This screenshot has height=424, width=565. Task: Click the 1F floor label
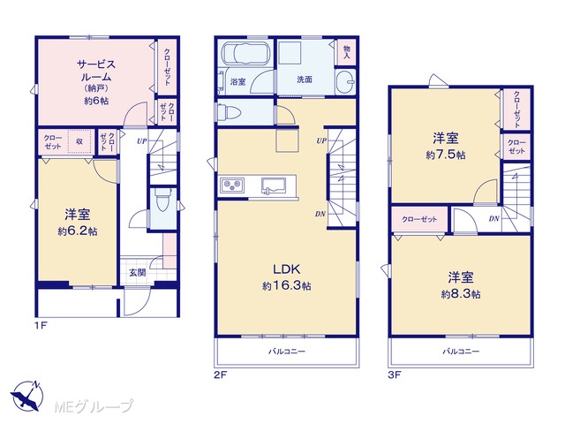[x=41, y=326]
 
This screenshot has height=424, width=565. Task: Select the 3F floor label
[x=395, y=375]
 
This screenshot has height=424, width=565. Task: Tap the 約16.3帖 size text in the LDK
[x=286, y=286]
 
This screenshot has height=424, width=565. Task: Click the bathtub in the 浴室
[x=245, y=53]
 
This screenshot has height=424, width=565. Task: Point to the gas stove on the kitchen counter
[x=232, y=185]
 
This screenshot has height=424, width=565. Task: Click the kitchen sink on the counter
[x=274, y=185]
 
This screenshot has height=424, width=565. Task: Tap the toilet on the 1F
[x=162, y=201]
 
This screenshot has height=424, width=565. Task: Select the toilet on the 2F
[x=230, y=112]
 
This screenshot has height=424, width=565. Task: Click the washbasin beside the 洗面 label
[x=345, y=82]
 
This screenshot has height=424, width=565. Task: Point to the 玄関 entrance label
[x=138, y=273]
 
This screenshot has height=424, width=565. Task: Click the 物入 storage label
[x=347, y=51]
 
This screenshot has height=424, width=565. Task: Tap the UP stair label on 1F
[x=142, y=141]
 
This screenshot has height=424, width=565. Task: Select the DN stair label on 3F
[x=494, y=218]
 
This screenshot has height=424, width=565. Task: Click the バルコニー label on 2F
[x=286, y=351]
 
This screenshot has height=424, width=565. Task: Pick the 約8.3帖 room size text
[x=461, y=294]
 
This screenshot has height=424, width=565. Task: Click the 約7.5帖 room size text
[x=445, y=155]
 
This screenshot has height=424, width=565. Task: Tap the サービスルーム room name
[x=96, y=71]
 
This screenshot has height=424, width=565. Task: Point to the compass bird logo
[x=26, y=395]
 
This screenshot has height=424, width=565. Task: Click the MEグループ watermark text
[x=94, y=406]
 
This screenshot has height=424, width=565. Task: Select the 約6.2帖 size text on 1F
[x=78, y=231]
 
